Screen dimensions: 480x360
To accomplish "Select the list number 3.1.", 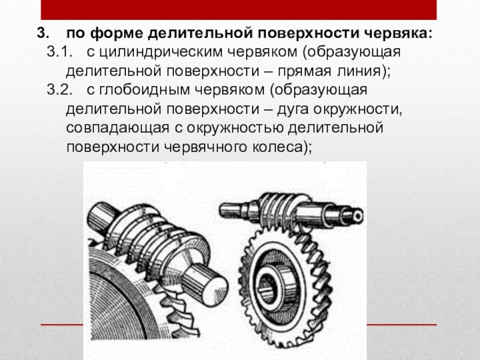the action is (x=59, y=52).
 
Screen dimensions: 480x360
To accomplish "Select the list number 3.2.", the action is (x=59, y=89).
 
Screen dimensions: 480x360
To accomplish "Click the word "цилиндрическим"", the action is (x=161, y=53).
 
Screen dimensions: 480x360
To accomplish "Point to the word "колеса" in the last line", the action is (x=277, y=148).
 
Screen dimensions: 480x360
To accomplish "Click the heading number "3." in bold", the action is (x=43, y=33).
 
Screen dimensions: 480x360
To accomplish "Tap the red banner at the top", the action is (x=238, y=10).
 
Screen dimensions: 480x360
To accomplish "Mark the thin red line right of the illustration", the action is (x=401, y=324).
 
